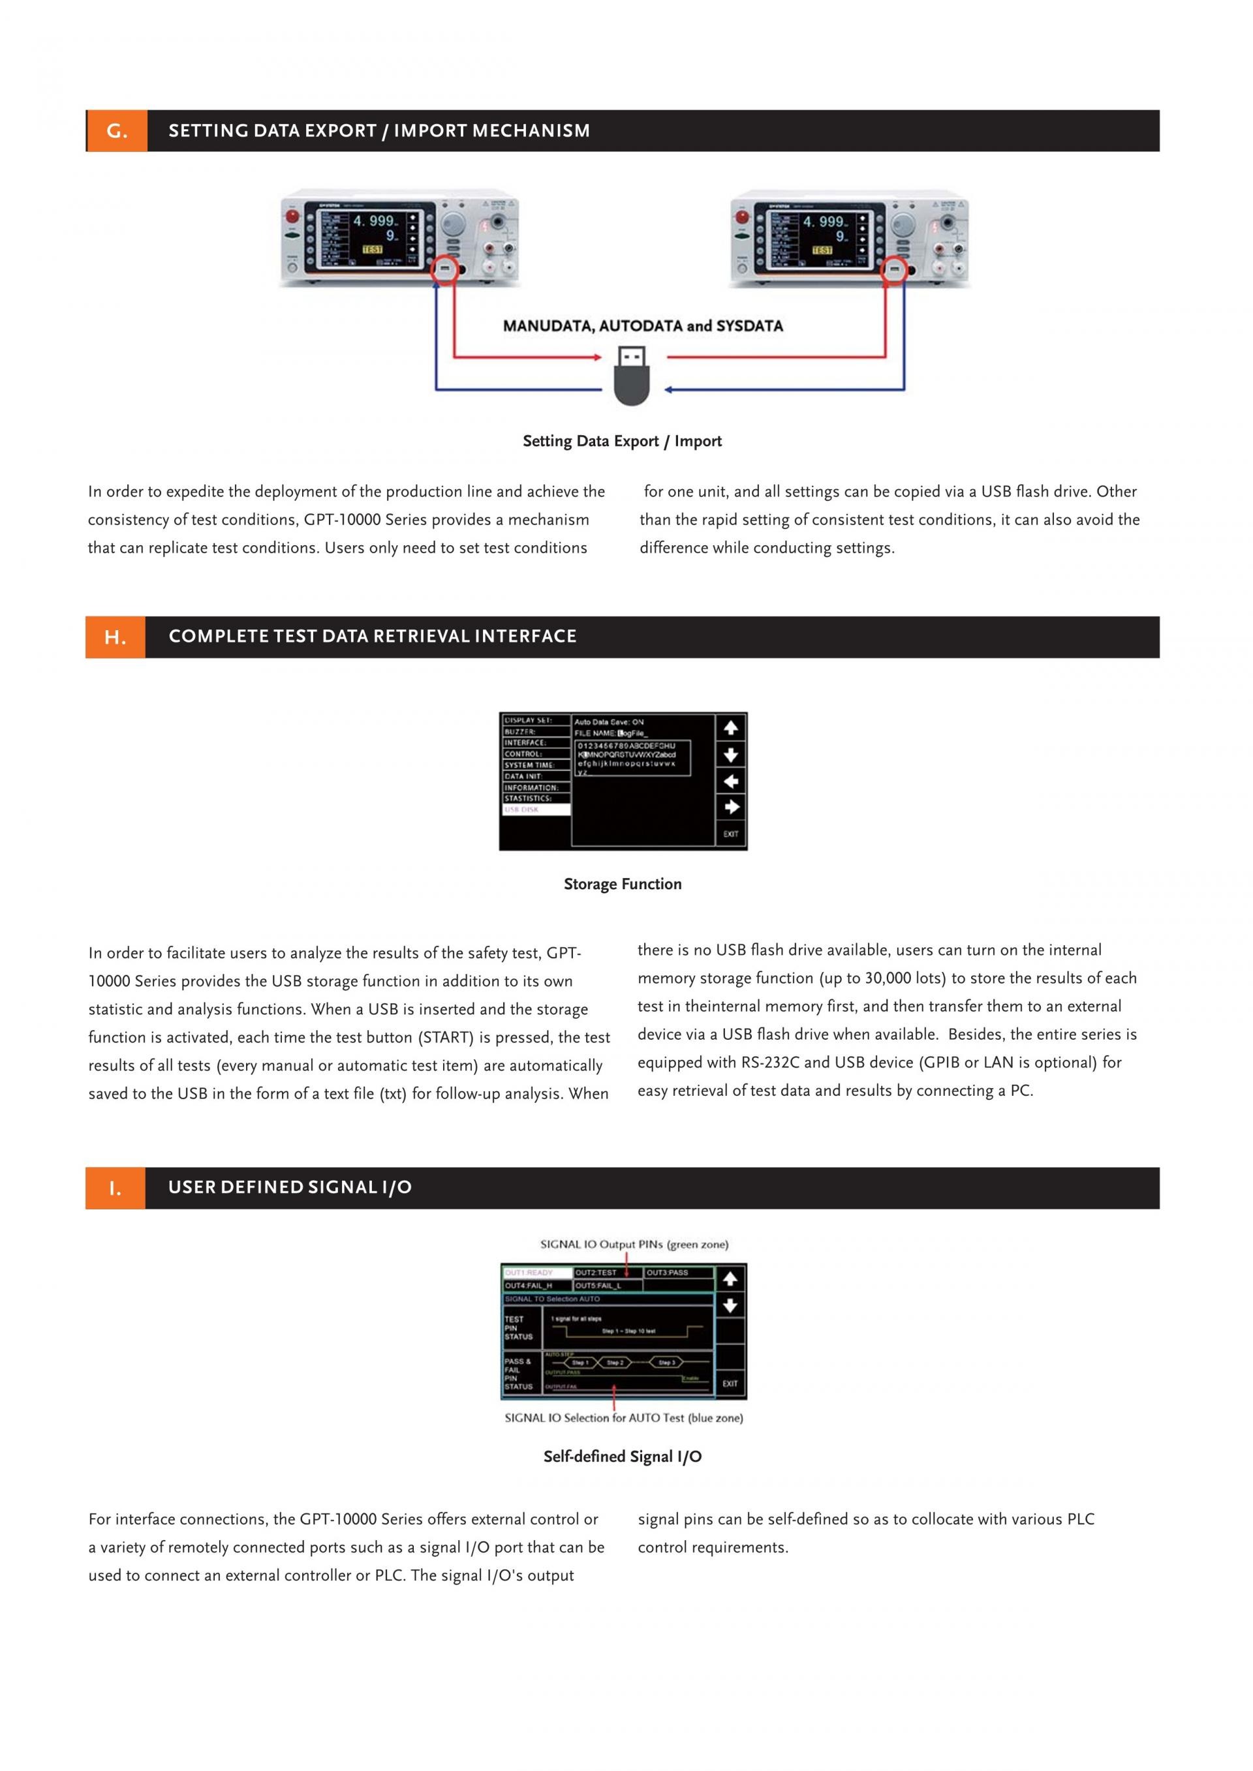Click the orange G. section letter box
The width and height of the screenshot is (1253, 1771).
click(x=117, y=131)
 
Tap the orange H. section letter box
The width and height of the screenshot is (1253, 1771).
click(x=115, y=637)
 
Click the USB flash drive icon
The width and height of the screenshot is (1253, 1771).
click(x=631, y=376)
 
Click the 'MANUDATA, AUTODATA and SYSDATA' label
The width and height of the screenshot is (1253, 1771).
click(x=643, y=326)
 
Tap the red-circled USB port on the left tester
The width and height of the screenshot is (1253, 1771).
click(x=444, y=270)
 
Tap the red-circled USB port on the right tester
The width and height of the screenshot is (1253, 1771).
click(x=894, y=270)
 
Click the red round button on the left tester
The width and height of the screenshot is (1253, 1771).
click(x=293, y=216)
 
